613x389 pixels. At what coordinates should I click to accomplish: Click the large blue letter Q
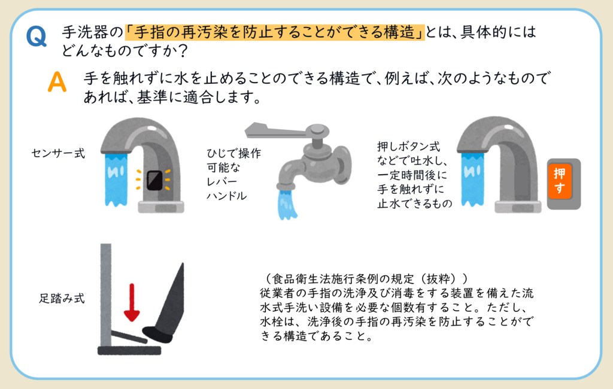click(x=37, y=37)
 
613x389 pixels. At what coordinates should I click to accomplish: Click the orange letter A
click(x=57, y=82)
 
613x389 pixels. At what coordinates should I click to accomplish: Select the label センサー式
click(x=58, y=153)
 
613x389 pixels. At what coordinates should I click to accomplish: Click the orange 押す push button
click(x=560, y=181)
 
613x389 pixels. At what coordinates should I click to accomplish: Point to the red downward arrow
click(x=132, y=302)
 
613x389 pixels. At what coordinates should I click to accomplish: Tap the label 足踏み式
click(x=62, y=298)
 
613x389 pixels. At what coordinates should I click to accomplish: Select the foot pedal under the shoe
click(x=129, y=336)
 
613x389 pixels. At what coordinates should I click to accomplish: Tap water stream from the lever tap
click(x=287, y=204)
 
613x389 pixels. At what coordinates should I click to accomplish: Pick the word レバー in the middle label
click(x=221, y=181)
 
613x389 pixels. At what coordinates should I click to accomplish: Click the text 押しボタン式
click(x=408, y=146)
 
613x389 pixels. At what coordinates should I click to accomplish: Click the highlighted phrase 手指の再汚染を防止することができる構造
click(x=274, y=32)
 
